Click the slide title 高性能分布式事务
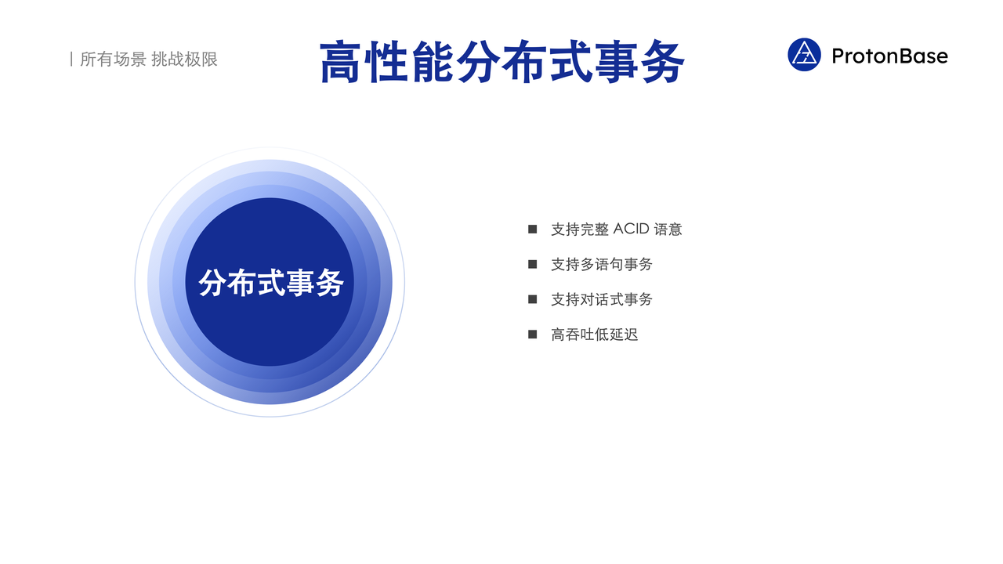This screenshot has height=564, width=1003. pos(502,62)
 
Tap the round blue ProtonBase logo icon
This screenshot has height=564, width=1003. pos(804,55)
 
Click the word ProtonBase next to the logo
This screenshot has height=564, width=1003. pos(889,56)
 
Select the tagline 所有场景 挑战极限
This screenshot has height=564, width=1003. pos(149,59)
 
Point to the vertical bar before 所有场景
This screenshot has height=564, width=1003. pos(71,59)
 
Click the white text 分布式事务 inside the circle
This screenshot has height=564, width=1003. pos(271,283)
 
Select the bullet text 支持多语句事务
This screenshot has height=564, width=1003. pos(601,264)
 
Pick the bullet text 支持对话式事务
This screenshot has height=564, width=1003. pos(601,299)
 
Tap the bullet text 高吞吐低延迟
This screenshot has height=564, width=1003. pos(594,334)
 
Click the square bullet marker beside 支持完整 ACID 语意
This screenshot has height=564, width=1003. pos(532,230)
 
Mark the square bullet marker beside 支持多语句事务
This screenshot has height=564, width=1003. pos(532,264)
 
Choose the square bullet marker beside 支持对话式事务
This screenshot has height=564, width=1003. pos(532,299)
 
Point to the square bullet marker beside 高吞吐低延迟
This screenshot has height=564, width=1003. pos(532,334)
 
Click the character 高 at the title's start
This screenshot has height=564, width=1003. pos(340,62)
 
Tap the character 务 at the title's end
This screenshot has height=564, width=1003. pos(663,62)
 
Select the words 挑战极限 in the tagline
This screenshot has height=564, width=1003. pos(184,59)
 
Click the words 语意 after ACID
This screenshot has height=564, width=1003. pos(668,230)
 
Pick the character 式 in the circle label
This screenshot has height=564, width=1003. pos(271,283)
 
